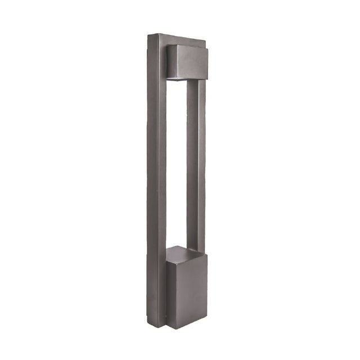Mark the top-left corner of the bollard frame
[148, 35]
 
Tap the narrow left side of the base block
[170, 292]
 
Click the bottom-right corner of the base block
[208, 323]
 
